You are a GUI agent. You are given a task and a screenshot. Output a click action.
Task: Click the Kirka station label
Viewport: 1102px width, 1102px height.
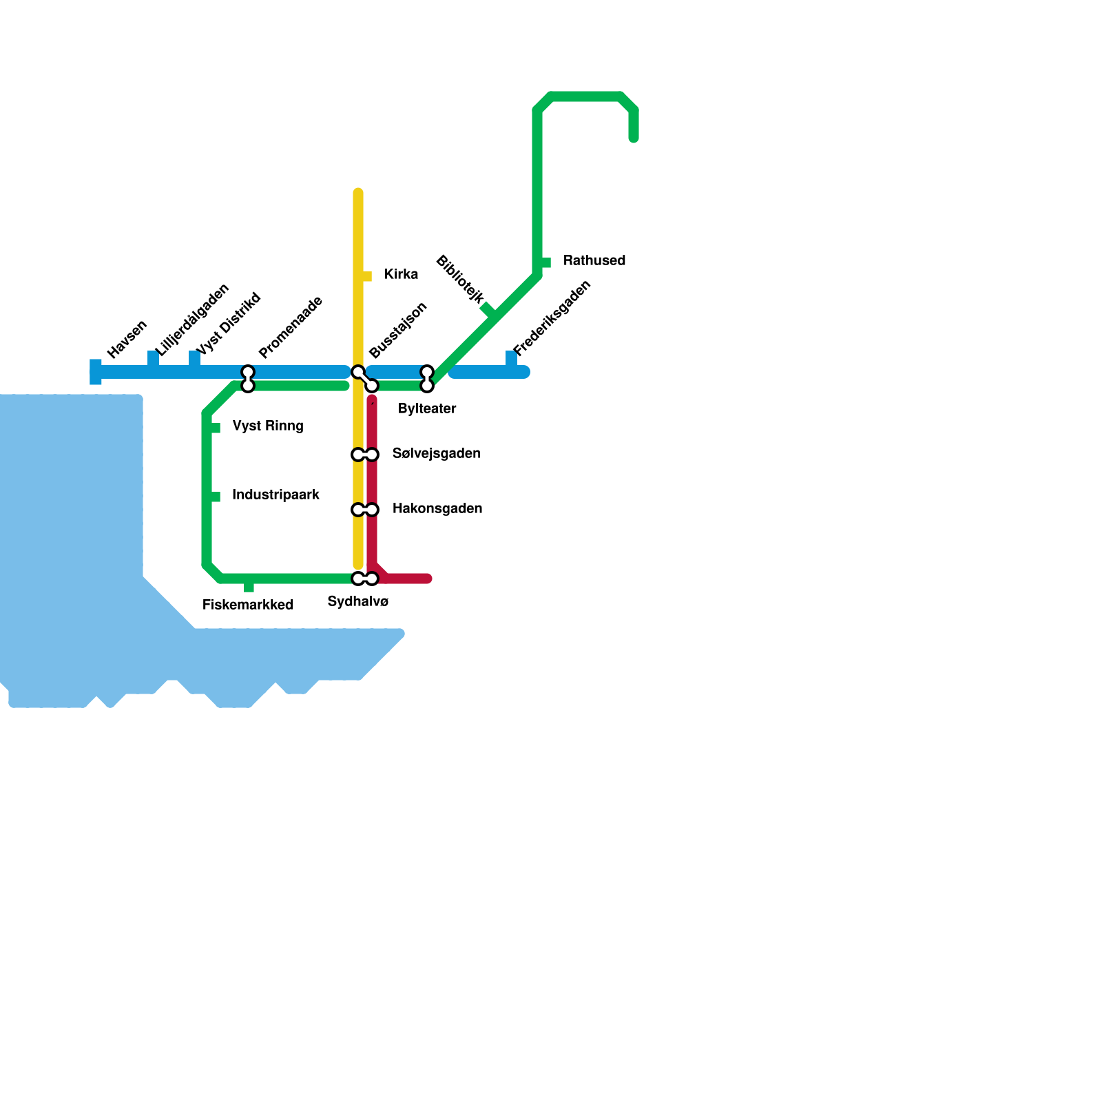401,275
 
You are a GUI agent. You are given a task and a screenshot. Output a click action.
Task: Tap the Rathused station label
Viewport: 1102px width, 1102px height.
594,261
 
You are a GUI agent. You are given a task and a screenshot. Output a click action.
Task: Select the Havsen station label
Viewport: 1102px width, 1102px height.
127,340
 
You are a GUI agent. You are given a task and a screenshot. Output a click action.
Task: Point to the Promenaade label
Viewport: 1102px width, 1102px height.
291,327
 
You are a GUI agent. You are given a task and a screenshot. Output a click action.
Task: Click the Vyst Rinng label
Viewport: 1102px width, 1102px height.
268,426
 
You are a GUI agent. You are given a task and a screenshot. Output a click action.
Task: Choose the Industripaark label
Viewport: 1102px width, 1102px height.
275,495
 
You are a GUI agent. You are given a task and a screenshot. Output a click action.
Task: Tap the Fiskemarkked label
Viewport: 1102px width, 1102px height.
248,605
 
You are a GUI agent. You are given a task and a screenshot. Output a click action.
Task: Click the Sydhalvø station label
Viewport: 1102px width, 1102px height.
358,602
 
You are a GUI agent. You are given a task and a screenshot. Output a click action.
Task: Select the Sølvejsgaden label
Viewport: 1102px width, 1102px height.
437,454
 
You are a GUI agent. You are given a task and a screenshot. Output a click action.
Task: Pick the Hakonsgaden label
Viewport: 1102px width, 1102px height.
437,509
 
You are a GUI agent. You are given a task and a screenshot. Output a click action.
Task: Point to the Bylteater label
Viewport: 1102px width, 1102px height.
427,409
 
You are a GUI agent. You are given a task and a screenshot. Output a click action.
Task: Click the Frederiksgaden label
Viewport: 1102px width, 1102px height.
552,318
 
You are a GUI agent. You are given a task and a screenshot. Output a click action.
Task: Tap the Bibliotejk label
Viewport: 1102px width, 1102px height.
460,279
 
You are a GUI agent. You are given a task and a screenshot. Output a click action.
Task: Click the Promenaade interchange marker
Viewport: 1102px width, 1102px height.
248,379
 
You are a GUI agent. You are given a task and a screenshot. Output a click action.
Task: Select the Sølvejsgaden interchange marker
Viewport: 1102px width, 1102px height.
365,455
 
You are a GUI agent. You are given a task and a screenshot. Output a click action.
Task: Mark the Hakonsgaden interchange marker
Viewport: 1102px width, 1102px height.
365,510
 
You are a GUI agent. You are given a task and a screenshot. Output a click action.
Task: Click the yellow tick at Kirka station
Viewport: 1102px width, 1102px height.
366,276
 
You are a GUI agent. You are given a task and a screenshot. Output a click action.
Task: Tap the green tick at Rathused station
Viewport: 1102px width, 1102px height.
545,262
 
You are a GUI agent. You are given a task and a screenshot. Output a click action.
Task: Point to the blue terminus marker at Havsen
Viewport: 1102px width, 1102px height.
96,372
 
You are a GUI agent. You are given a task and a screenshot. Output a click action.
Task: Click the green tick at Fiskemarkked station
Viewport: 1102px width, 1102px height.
249,587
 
